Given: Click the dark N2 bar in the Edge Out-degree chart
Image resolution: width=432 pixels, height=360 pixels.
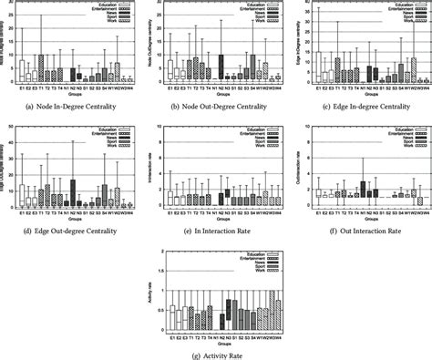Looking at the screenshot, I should (73, 193).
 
